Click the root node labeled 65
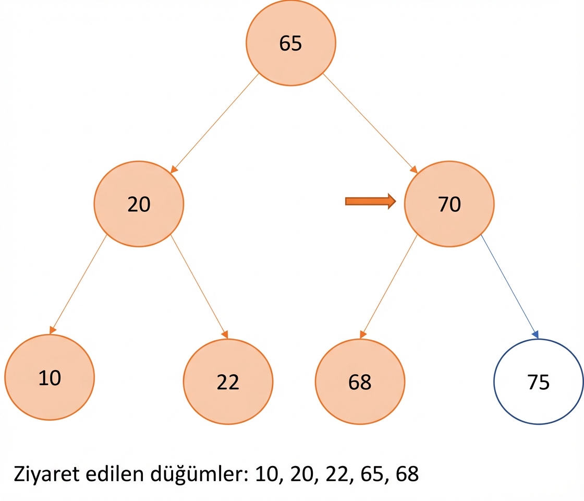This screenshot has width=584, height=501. [x=290, y=43]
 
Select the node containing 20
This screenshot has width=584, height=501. [x=139, y=204]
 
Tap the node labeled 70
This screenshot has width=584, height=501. [x=449, y=204]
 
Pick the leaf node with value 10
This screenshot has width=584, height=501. [x=50, y=377]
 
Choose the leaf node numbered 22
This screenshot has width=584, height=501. [x=228, y=381]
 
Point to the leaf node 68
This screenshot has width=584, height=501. [x=360, y=381]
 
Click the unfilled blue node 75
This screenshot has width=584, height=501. [x=539, y=381]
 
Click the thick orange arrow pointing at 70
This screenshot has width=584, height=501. [x=371, y=201]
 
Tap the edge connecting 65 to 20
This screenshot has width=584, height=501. [x=214, y=123]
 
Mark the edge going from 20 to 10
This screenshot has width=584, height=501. [x=78, y=284]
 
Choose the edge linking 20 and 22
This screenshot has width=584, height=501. [x=199, y=287]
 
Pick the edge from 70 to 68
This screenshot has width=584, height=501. [x=388, y=287]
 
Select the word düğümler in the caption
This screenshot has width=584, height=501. [x=199, y=474]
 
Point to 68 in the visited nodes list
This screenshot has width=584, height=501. [x=407, y=474]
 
